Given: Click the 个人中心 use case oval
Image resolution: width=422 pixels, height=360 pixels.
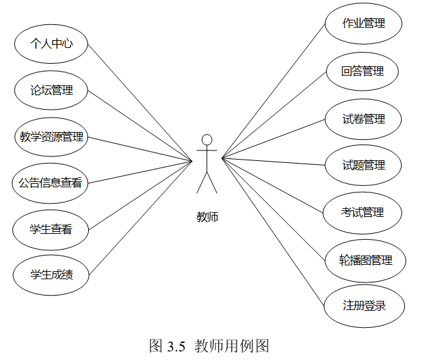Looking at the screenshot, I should pos(51,44).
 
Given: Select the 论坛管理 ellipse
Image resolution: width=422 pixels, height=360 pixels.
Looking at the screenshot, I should pos(51,91).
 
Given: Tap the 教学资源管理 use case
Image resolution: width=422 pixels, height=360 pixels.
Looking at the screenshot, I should pos(51,137).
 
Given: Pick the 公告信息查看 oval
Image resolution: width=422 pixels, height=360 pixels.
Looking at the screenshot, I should pos(51,183).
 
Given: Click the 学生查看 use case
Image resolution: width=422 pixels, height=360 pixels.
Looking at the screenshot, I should pos(51,229).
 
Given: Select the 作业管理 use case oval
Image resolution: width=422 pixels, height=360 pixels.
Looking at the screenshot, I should pos(363,24).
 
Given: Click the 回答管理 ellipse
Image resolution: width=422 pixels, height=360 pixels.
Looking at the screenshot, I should pos(363,71).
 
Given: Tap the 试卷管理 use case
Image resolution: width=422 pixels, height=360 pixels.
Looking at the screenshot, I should pos(363,120).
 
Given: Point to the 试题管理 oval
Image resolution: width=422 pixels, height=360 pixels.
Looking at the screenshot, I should pos(363,165).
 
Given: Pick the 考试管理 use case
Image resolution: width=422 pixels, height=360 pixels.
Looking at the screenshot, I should pos(363,213).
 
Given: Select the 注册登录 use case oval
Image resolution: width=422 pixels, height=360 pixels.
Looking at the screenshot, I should pos(363,305).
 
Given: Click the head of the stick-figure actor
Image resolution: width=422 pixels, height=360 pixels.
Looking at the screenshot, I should pos(207,139).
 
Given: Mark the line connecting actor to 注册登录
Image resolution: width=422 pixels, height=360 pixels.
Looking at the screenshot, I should pos(275,233).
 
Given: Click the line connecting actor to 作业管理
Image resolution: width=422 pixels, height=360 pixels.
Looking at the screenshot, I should pos(273,93).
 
